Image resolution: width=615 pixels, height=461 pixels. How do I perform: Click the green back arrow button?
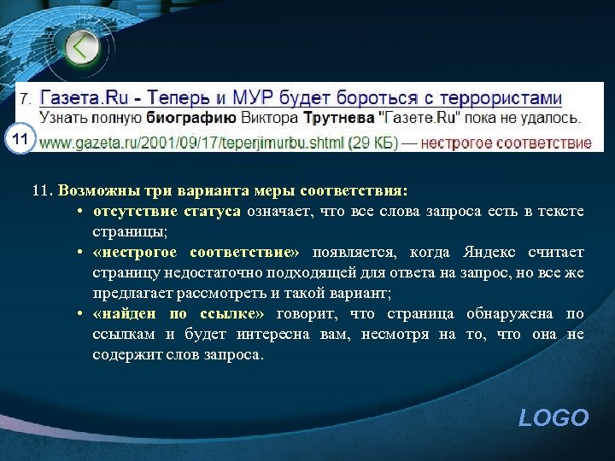pyautogui.click(x=82, y=47)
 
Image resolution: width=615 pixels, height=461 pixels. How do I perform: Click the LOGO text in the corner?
pyautogui.click(x=553, y=417)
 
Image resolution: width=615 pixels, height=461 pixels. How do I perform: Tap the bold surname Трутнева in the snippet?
pyautogui.click(x=339, y=118)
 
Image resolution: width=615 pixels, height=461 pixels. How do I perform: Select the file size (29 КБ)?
pyautogui.click(x=373, y=143)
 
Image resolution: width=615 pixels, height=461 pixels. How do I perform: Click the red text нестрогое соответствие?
pyautogui.click(x=506, y=143)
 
